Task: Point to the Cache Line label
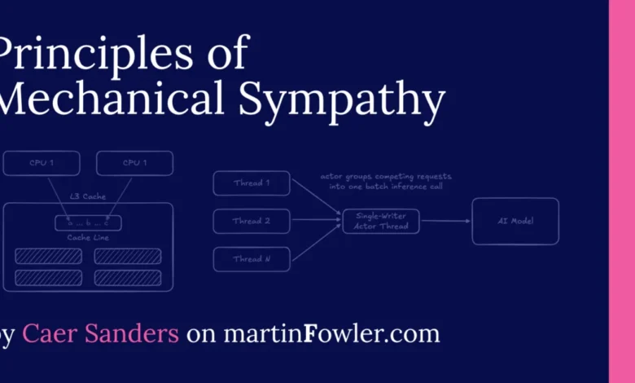point(88,237)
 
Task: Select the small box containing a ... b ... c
point(88,222)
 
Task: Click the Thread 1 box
point(252,183)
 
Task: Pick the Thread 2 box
point(252,221)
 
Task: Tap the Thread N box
point(252,259)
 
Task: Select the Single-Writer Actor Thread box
point(380,221)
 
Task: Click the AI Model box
point(515,221)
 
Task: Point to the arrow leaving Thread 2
point(316,221)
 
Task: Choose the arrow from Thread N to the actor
point(316,242)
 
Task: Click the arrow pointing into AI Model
point(446,221)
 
